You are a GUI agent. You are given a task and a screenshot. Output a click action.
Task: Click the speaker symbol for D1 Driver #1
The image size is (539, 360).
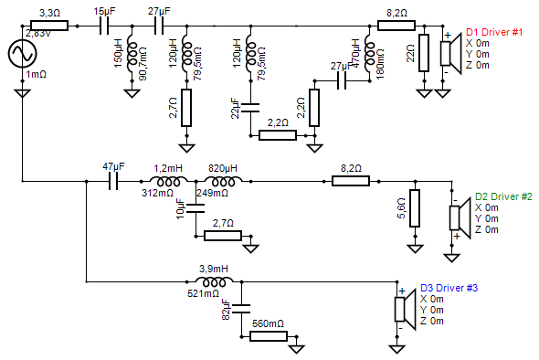[x=448, y=52]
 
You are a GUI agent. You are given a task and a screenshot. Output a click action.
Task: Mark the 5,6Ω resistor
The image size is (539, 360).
[x=414, y=207]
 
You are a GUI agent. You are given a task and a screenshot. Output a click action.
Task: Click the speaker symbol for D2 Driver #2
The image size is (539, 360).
[x=457, y=217]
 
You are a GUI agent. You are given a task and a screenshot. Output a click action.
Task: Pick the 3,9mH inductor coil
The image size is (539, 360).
[x=215, y=281]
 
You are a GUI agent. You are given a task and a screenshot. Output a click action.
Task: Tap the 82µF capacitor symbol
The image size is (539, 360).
[x=241, y=308]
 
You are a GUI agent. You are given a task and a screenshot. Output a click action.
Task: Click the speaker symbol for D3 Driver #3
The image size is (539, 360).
[x=401, y=309]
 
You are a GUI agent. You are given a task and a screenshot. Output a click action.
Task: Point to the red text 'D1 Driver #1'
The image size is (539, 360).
[x=494, y=32]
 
